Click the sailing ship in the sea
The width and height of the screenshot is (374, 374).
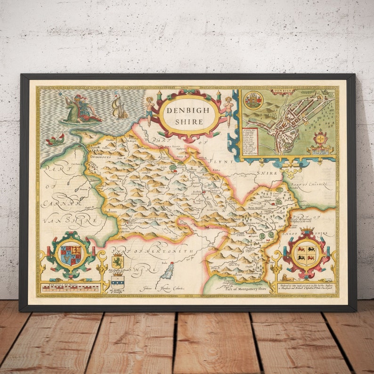[x=120, y=106]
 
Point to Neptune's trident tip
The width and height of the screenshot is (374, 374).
[x=60, y=94]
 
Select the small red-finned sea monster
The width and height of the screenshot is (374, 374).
[x=56, y=139]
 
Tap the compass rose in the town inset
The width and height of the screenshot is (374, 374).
[x=321, y=139]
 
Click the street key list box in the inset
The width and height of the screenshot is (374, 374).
[x=250, y=141]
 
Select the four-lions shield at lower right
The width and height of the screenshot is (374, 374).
[x=306, y=255]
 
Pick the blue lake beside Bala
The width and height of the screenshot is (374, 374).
[x=167, y=270]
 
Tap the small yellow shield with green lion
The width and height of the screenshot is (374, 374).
[x=117, y=261]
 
